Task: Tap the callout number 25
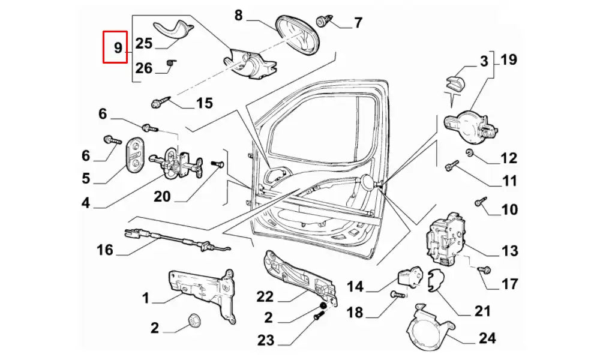click(x=144, y=43)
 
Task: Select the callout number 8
click(x=239, y=16)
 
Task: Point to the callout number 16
click(x=105, y=249)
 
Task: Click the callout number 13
click(x=509, y=251)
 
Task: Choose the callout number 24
click(x=487, y=338)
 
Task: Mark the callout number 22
click(x=265, y=296)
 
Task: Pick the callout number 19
click(x=508, y=60)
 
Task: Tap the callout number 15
click(x=204, y=103)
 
